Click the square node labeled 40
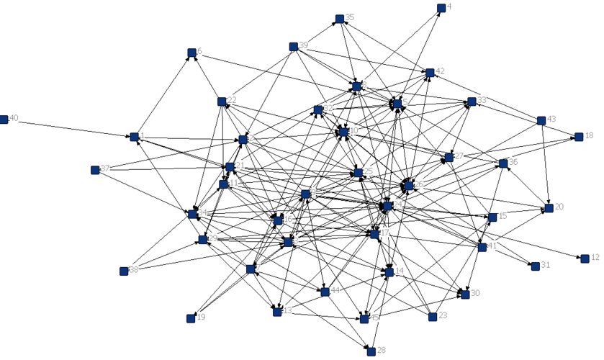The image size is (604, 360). pyautogui.click(x=4, y=119)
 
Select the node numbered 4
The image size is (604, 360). pyautogui.click(x=441, y=8)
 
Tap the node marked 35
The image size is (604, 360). pyautogui.click(x=339, y=18)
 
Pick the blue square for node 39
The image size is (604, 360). pyautogui.click(x=294, y=47)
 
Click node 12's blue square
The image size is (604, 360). pyautogui.click(x=585, y=258)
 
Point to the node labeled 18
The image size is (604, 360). pyautogui.click(x=577, y=136)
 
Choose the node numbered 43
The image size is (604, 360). pyautogui.click(x=541, y=120)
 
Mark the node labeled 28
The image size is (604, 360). pyautogui.click(x=371, y=351)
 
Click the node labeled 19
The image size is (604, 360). pyautogui.click(x=191, y=318)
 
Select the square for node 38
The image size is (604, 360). pyautogui.click(x=124, y=271)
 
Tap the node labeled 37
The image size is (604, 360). pyautogui.click(x=95, y=170)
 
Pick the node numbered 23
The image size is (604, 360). pyautogui.click(x=433, y=316)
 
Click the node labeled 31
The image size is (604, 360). pyautogui.click(x=535, y=266)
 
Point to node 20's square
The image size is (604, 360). pyautogui.click(x=549, y=208)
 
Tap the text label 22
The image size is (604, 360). pyautogui.click(x=233, y=100)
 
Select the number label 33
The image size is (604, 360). pyautogui.click(x=482, y=99)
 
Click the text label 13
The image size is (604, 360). pyautogui.click(x=288, y=311)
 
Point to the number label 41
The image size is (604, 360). pyautogui.click(x=493, y=246)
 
